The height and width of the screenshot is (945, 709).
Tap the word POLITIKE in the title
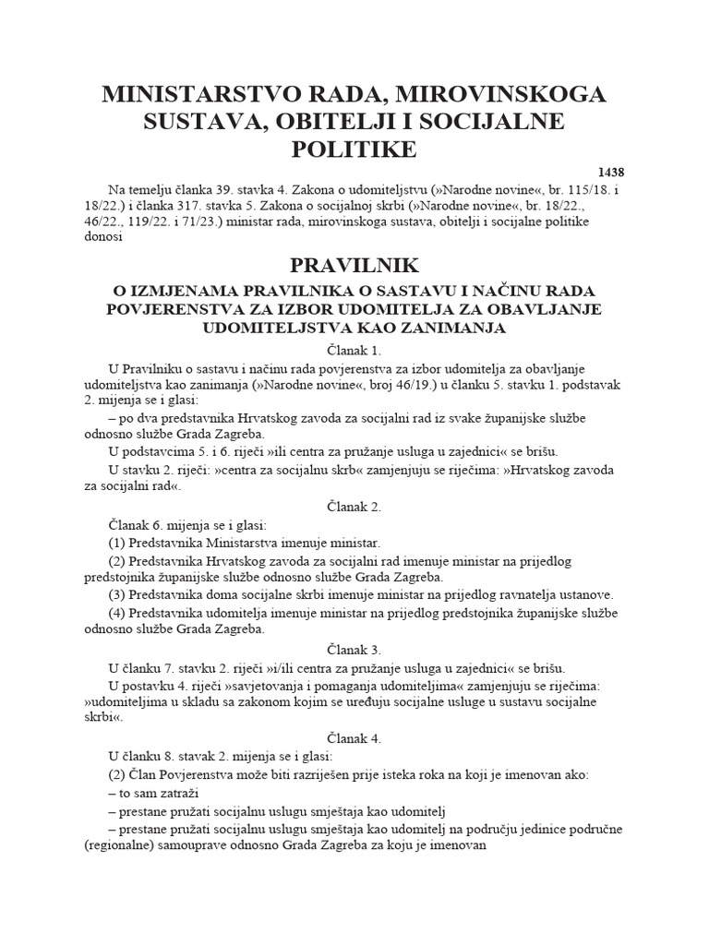pyautogui.click(x=354, y=149)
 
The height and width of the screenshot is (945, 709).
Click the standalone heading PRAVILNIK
pyautogui.click(x=354, y=266)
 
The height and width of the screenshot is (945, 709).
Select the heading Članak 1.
pyautogui.click(x=354, y=351)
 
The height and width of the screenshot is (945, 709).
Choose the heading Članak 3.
pyautogui.click(x=354, y=650)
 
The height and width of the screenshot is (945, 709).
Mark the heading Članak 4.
pyautogui.click(x=354, y=738)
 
